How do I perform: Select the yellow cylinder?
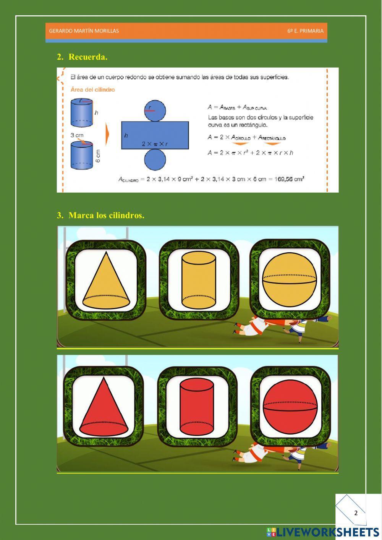point(199,280)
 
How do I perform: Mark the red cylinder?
point(197,407)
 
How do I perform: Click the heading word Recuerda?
point(88,57)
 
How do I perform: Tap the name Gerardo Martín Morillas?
point(84,31)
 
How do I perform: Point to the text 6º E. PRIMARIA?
point(305,31)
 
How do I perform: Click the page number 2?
point(356,513)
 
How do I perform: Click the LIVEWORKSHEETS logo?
point(323,532)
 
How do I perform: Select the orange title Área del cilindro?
point(93,90)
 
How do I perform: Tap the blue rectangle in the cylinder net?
point(155,135)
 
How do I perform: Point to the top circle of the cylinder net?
point(155,110)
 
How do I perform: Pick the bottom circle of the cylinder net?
point(155,159)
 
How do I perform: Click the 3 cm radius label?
point(77,135)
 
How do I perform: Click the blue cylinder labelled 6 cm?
point(82,156)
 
